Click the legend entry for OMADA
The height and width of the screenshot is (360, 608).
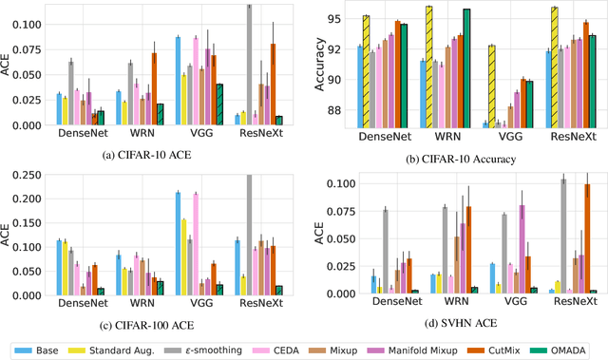tap(566, 349)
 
